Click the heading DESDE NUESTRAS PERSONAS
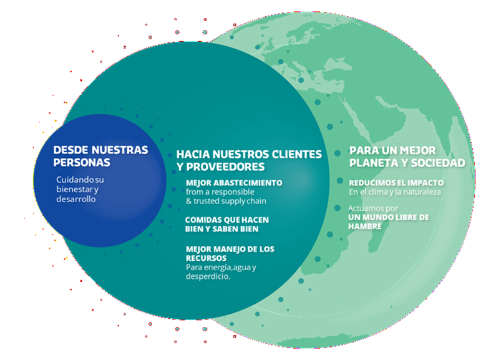point(100,156)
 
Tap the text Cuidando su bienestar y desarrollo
point(80,189)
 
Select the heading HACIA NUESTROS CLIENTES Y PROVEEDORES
point(249,160)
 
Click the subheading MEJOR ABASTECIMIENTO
point(234,183)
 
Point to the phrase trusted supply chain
point(230,201)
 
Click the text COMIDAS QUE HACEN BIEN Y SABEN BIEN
point(226,224)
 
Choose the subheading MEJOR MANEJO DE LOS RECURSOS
point(230,253)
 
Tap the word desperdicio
point(208,276)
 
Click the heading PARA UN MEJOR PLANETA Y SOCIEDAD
point(407,157)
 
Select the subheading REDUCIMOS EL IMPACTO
point(396,183)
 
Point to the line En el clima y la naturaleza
point(395,192)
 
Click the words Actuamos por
point(373,208)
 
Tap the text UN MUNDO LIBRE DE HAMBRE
point(388,221)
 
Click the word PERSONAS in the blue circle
point(82,162)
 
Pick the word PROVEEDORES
point(225,167)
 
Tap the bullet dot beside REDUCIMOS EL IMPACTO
point(340,181)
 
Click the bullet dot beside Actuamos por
point(338,208)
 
